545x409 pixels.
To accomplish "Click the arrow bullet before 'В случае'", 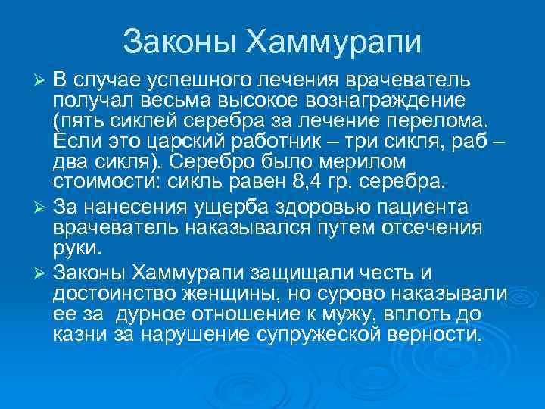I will [42, 81].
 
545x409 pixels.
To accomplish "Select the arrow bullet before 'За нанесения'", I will [42, 208].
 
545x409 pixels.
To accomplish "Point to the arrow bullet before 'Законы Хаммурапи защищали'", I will [42, 272].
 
